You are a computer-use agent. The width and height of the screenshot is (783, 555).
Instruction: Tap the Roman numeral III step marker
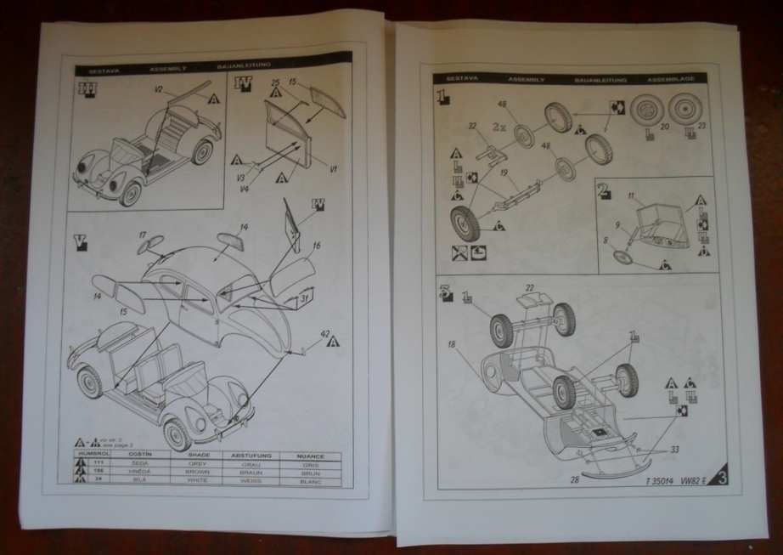click(85, 88)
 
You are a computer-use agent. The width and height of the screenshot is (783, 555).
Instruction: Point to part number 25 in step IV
click(276, 83)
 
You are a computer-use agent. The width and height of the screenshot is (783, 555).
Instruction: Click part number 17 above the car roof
click(144, 235)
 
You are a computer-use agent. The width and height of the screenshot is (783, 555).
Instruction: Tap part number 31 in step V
click(304, 298)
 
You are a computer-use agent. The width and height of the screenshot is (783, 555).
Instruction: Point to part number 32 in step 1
click(471, 124)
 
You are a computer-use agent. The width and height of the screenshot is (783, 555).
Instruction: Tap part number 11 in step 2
click(632, 196)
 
